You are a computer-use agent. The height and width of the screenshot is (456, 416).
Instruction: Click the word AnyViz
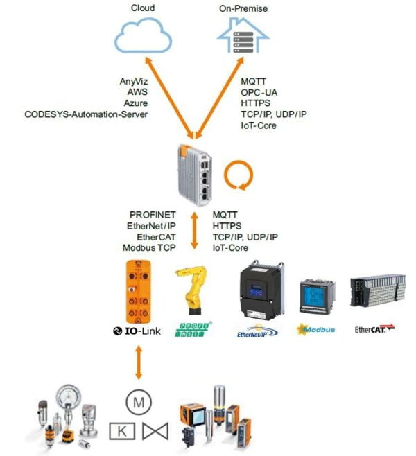point(133,81)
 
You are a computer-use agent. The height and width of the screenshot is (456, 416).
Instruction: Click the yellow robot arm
point(193,294)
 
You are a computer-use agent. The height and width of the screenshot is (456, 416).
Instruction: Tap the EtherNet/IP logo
point(257,331)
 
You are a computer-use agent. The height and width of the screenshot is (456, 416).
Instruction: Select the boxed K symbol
point(121,431)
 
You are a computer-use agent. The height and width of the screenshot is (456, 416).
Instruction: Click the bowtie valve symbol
point(156,431)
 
